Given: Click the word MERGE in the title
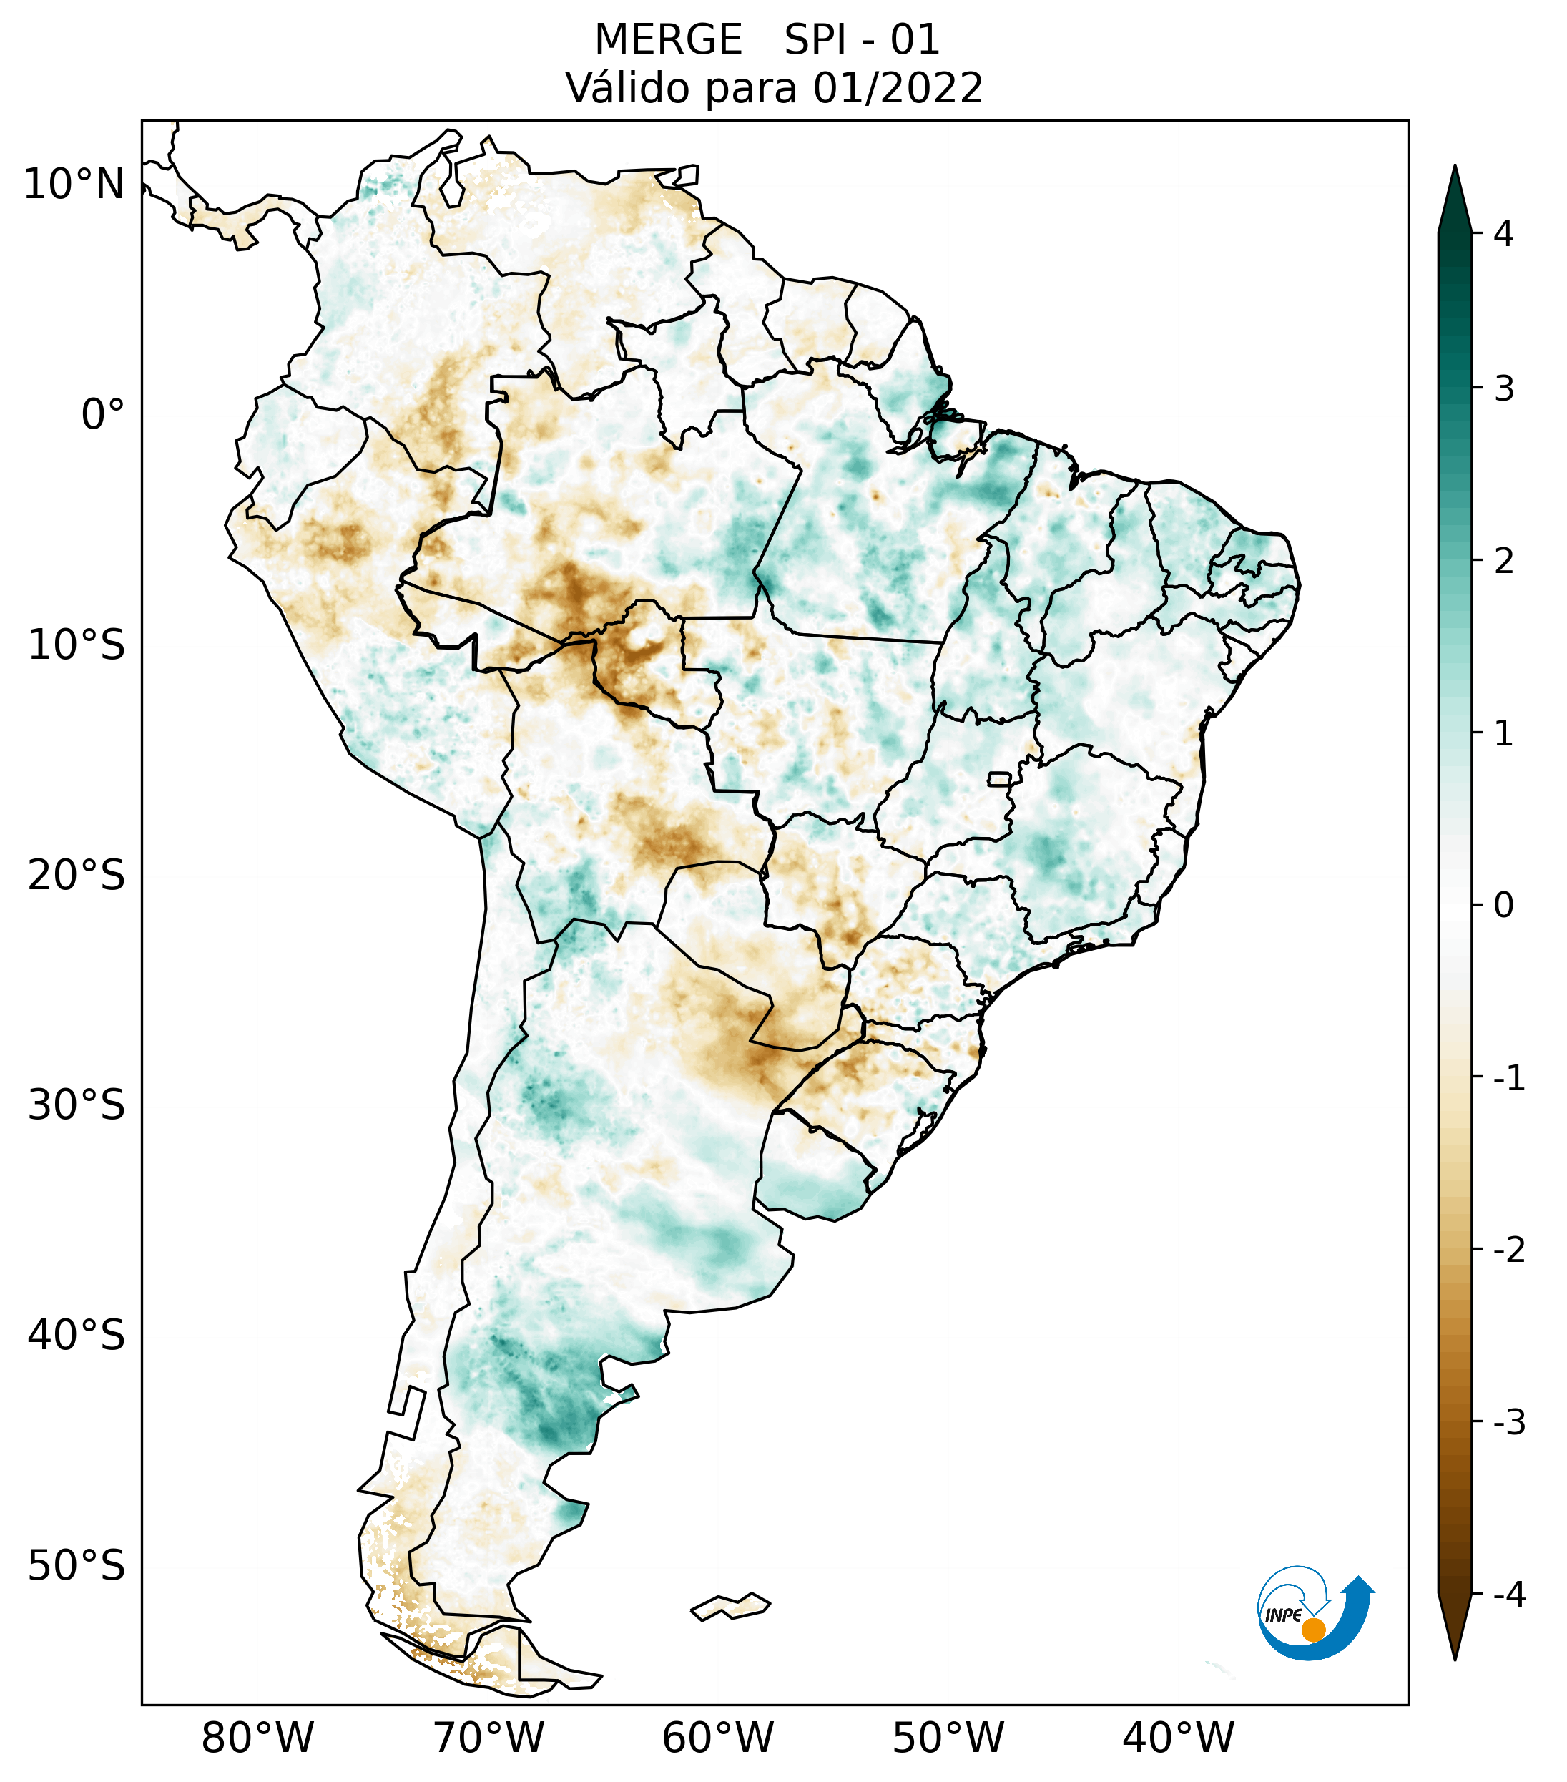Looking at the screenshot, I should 669,40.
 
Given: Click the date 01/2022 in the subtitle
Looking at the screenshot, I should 898,89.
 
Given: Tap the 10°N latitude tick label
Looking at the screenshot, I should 74,185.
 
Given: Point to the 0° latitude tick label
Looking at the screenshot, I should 103,415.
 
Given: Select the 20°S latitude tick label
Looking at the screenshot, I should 77,876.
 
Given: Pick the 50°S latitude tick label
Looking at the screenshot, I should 77,1567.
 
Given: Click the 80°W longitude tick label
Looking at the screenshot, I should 258,1738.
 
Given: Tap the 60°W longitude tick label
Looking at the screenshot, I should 718,1738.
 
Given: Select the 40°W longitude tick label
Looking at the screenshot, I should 1179,1738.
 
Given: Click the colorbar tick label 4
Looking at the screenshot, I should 1503,234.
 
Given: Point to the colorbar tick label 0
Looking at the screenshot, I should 1503,906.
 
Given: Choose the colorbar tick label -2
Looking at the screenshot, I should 1508,1250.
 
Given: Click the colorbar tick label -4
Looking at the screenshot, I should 1508,1595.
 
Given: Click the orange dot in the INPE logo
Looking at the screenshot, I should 1313,1630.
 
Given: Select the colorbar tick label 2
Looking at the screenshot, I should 1503,562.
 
